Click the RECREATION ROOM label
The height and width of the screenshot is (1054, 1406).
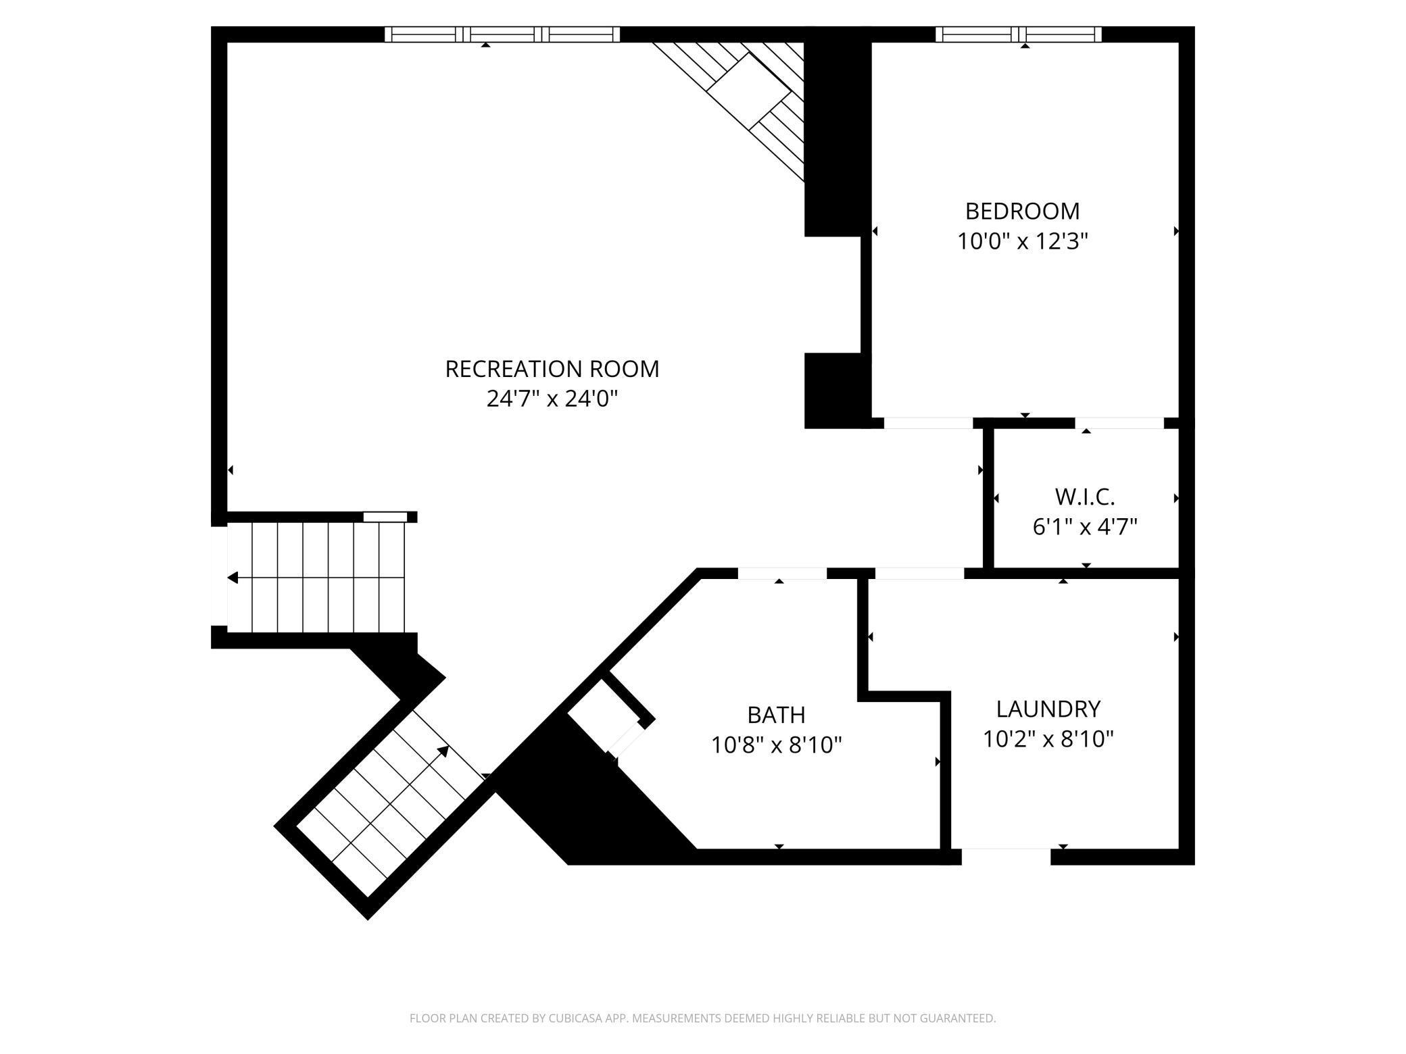(552, 369)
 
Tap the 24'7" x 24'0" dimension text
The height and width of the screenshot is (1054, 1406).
(552, 399)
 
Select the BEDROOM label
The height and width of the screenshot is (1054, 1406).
(1022, 211)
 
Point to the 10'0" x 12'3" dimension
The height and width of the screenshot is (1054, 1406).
(1022, 241)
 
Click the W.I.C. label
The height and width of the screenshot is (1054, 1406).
(1084, 497)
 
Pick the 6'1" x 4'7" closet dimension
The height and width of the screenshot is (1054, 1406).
(1084, 526)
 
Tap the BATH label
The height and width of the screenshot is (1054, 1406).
(776, 715)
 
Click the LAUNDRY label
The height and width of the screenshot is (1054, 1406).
(1048, 709)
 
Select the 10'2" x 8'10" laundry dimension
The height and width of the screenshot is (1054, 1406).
(1048, 739)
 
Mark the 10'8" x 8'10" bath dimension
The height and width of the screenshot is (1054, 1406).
(776, 745)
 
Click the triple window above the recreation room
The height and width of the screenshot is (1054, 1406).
(502, 34)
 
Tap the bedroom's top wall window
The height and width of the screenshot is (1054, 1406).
(1018, 34)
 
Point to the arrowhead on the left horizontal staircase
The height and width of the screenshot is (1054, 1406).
(233, 578)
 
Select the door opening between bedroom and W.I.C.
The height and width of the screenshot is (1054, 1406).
(1119, 424)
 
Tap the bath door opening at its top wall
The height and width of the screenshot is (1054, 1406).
(781, 574)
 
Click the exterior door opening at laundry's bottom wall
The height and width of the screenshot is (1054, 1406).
(1006, 856)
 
